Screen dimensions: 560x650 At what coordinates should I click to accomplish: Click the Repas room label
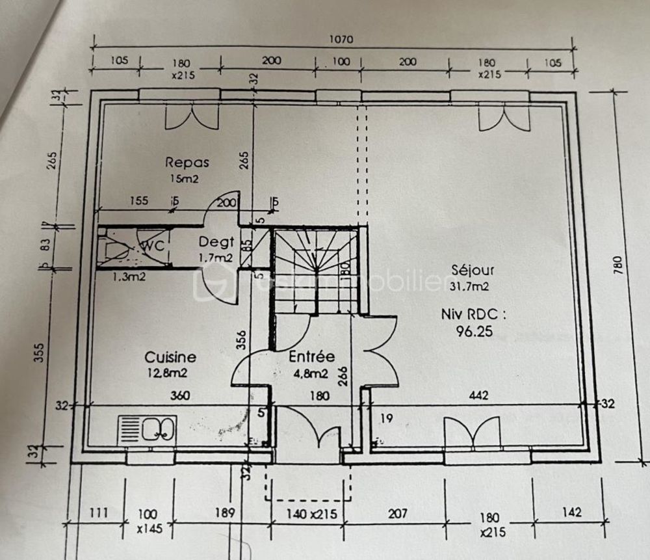pyautogui.click(x=187, y=162)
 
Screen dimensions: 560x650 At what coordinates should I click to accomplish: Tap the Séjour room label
pyautogui.click(x=473, y=269)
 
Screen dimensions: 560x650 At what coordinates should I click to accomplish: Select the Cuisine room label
pyautogui.click(x=170, y=357)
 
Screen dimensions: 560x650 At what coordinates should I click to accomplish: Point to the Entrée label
pyautogui.click(x=311, y=356)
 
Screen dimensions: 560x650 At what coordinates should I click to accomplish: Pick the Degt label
pyautogui.click(x=216, y=243)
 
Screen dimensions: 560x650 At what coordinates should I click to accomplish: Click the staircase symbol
pyautogui.click(x=316, y=270)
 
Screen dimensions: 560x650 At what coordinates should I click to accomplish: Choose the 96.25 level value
pyautogui.click(x=473, y=331)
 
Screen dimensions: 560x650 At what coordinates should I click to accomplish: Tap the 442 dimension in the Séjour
pyautogui.click(x=479, y=395)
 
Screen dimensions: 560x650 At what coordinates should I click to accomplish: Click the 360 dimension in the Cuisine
pyautogui.click(x=180, y=395)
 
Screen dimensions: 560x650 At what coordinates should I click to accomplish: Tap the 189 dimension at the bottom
pyautogui.click(x=225, y=513)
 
